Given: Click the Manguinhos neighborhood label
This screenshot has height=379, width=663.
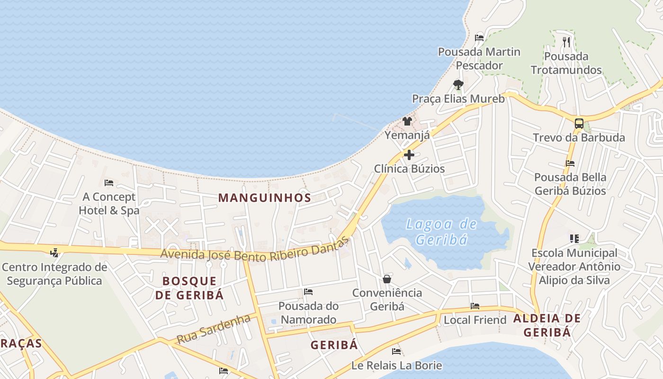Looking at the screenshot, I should click(x=265, y=198).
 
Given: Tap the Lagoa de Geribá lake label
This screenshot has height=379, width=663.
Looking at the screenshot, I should click(x=441, y=231).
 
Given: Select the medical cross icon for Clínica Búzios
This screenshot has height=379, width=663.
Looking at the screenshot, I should click(x=409, y=155).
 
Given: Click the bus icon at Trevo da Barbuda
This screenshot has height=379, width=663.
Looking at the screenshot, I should click(x=579, y=124).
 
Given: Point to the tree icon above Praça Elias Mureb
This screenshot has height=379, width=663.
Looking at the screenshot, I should click(x=458, y=85).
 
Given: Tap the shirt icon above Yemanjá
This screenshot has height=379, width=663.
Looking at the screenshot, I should click(x=407, y=121).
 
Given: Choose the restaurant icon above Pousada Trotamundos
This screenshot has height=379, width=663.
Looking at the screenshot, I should click(x=566, y=42).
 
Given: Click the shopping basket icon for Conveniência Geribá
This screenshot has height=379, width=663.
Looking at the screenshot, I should click(x=387, y=279).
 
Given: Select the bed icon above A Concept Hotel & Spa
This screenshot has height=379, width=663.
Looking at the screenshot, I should click(x=109, y=183).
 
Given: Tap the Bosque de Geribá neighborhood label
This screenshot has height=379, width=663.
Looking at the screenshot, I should click(x=189, y=288).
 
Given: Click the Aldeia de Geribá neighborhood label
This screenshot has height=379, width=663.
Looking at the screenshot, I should click(x=547, y=325).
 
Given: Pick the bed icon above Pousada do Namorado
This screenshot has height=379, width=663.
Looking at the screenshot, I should click(x=308, y=292).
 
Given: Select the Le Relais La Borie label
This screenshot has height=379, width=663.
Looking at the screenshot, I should click(x=396, y=365).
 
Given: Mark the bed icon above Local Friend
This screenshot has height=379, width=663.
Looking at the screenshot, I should click(x=475, y=306).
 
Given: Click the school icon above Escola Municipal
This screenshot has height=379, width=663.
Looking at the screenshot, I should click(x=574, y=238).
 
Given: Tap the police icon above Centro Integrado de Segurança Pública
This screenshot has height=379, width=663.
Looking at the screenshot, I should click(x=54, y=253).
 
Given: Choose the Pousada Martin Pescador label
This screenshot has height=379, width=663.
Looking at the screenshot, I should click(x=479, y=58).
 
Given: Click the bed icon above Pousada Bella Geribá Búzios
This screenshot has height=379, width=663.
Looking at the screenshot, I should click(x=570, y=163).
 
